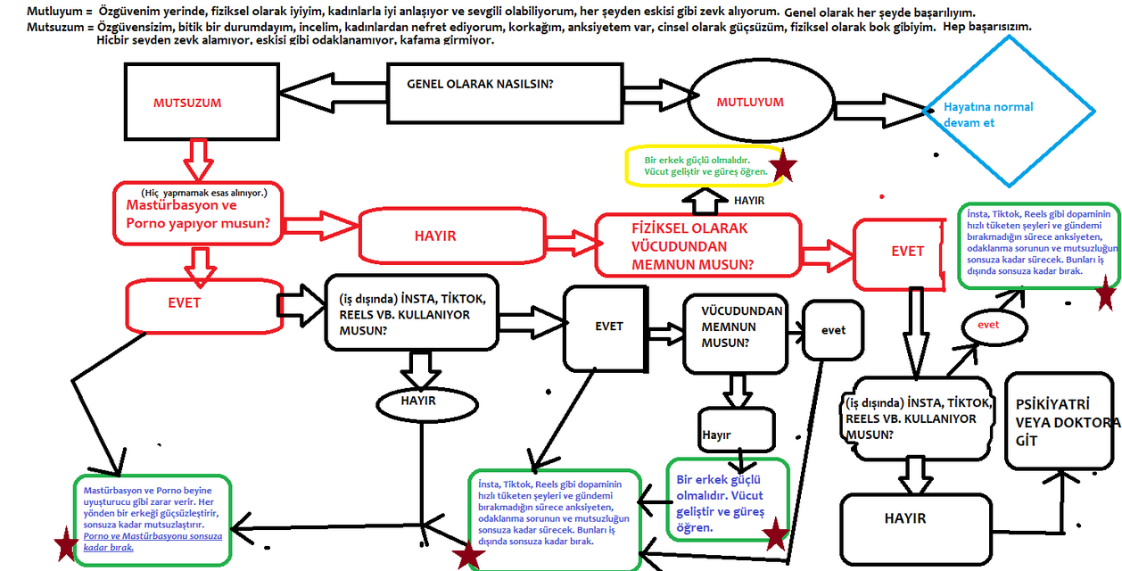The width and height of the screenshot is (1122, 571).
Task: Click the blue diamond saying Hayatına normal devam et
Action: [x=1009, y=113]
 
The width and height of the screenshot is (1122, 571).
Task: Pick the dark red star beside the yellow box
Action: [x=783, y=165]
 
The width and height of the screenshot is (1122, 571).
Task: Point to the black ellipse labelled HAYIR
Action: [x=418, y=401]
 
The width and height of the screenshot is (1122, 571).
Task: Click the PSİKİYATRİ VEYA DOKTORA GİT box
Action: [x=1061, y=421]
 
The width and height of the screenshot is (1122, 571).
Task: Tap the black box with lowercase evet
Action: [x=833, y=330]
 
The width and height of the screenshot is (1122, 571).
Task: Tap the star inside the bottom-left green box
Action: [x=65, y=546]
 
